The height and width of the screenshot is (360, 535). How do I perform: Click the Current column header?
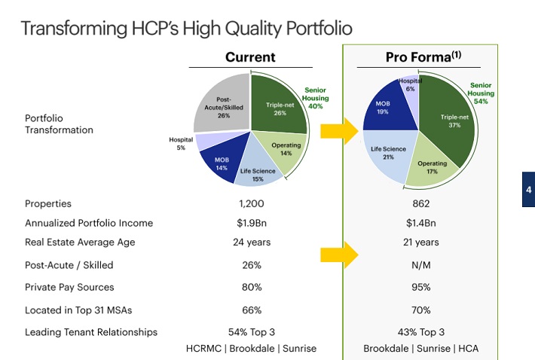(250, 57)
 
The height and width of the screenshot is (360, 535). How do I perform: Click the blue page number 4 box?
(528, 190)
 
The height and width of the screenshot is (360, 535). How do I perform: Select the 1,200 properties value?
(250, 203)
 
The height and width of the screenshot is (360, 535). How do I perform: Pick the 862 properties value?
(420, 203)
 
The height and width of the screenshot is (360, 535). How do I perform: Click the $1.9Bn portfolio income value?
(251, 223)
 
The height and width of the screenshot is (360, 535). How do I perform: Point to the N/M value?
(420, 265)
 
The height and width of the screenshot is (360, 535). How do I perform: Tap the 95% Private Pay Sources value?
(420, 287)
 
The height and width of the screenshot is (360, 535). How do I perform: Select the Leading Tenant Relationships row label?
(91, 332)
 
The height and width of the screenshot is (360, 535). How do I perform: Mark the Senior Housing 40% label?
(316, 99)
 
